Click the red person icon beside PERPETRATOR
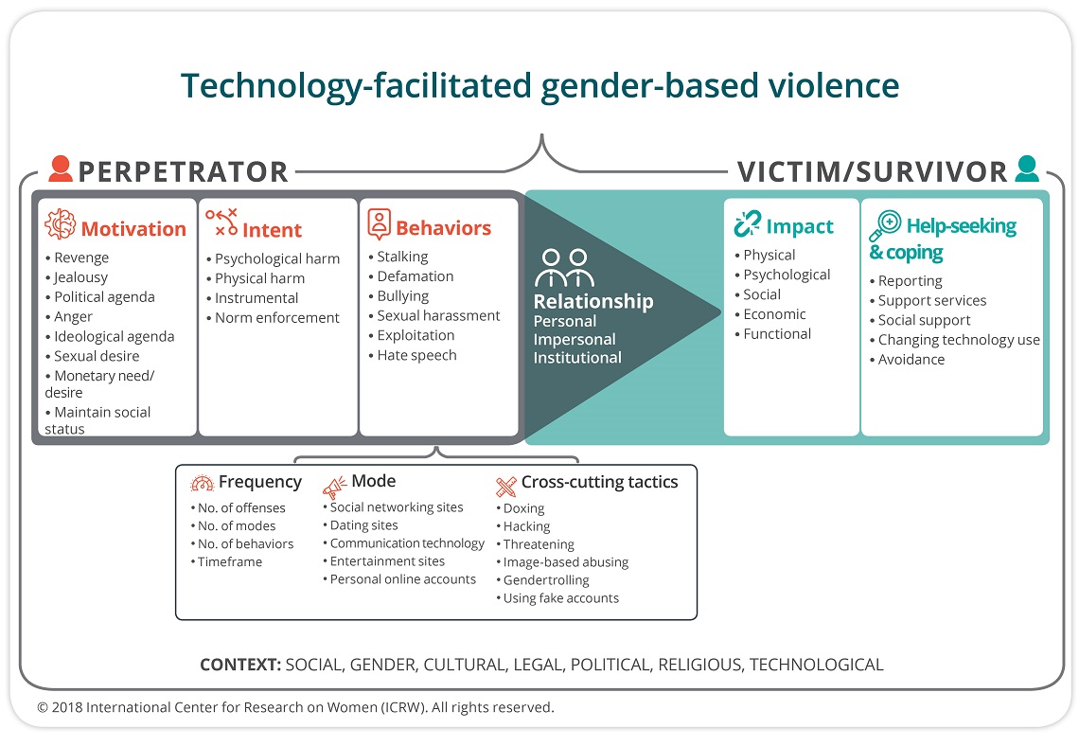[x=61, y=169]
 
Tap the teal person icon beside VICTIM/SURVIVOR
[x=1027, y=169]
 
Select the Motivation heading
[x=133, y=228]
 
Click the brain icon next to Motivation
[x=60, y=223]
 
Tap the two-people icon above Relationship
[x=564, y=268]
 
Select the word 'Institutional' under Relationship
[x=577, y=358]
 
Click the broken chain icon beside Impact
[x=748, y=224]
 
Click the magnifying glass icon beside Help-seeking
[x=885, y=226]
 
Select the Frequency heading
[x=260, y=482]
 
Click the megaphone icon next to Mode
[x=335, y=487]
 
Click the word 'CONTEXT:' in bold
[x=240, y=665]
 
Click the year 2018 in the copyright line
[x=66, y=707]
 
